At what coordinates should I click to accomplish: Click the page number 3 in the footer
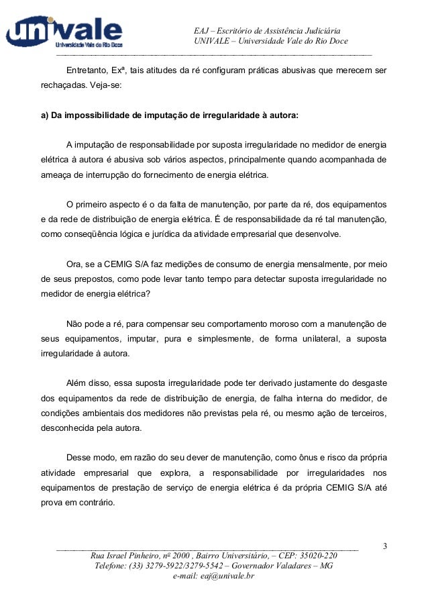[384, 545]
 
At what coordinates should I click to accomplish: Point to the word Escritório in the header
[236, 31]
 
